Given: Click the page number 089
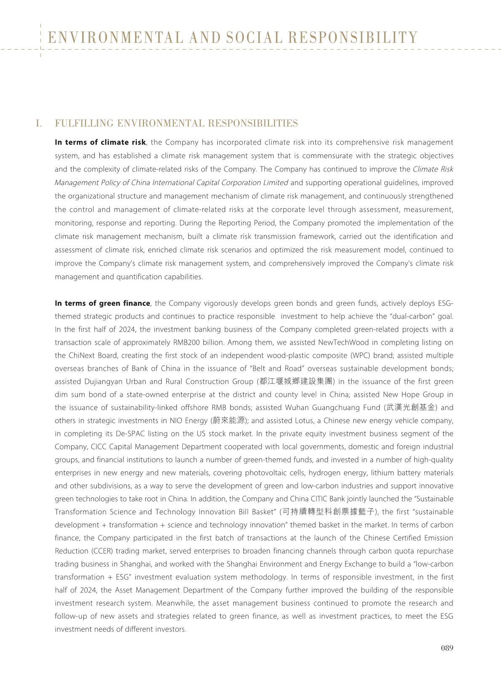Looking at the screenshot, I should point(447,648).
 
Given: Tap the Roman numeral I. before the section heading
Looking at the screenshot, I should point(39,123).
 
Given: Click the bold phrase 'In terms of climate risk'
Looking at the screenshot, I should point(100,142).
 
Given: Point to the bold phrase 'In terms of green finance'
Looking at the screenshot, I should point(102,303).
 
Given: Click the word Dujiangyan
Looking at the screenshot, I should point(107,381).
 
